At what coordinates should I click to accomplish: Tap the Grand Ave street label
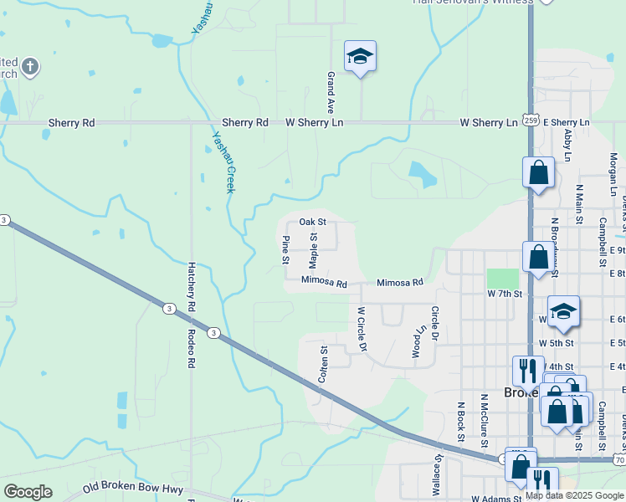tap(331, 93)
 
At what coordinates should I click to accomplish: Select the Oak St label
tap(312, 223)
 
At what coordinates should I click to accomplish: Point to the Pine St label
tap(285, 250)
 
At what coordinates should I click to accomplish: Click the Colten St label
tap(323, 365)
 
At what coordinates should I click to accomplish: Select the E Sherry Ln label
tap(567, 123)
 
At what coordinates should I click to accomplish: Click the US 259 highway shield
tap(531, 120)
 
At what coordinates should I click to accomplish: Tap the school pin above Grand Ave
tap(360, 57)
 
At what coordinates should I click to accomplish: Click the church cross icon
tap(30, 66)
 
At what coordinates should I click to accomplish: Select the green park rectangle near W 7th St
tap(502, 279)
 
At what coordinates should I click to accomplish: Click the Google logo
tap(28, 492)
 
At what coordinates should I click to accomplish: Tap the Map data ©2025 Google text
tap(575, 495)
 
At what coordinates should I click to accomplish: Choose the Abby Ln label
tap(568, 145)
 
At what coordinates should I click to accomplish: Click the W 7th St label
tap(505, 295)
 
